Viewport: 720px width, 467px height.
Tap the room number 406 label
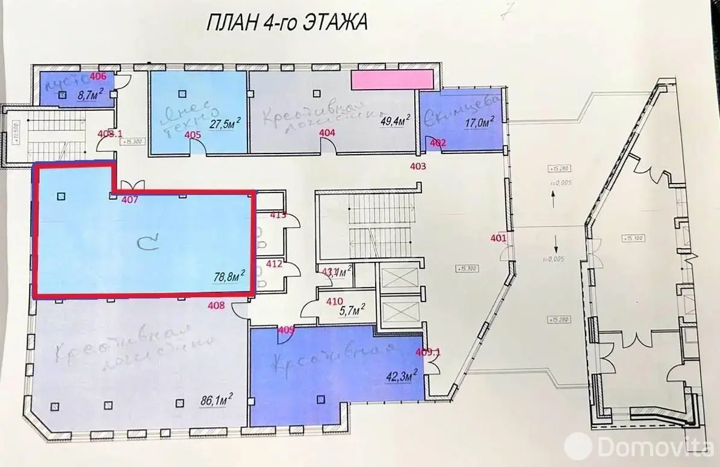(98, 76)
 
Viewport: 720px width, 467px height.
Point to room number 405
(192, 134)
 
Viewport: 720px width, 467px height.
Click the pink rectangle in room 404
(392, 79)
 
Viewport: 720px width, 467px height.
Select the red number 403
(418, 165)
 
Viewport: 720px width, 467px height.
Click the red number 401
(498, 238)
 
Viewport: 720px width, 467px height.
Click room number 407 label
(129, 200)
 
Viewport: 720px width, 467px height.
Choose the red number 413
(278, 214)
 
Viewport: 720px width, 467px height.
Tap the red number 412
(275, 263)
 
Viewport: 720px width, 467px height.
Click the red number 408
(216, 306)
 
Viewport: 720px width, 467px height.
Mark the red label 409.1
(429, 353)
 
